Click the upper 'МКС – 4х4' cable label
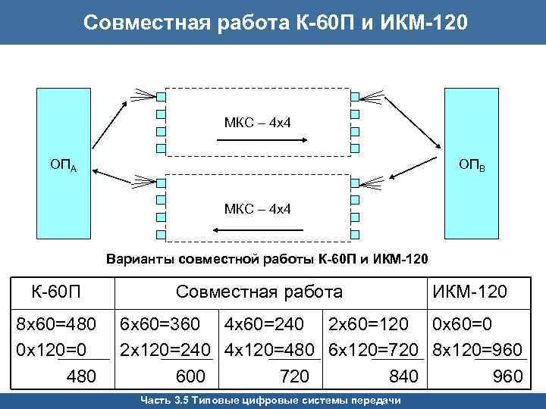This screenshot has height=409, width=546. pyautogui.click(x=258, y=122)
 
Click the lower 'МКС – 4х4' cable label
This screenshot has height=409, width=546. pyautogui.click(x=258, y=208)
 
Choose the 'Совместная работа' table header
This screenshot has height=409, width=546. pyautogui.click(x=259, y=292)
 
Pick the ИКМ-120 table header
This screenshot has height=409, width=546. pyautogui.click(x=470, y=292)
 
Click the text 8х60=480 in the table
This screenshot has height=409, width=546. pyautogui.click(x=57, y=325)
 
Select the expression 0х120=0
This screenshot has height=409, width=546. pyautogui.click(x=52, y=349)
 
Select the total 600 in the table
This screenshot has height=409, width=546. pyautogui.click(x=190, y=376)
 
